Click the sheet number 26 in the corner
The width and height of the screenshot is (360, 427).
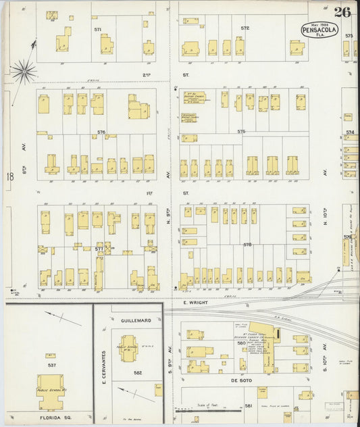click(341, 11)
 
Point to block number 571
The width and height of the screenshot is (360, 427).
click(98, 30)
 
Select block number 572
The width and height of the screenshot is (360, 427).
click(245, 28)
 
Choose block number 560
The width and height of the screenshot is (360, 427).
click(240, 343)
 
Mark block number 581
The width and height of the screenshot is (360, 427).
click(248, 405)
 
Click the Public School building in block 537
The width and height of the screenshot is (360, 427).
click(50, 391)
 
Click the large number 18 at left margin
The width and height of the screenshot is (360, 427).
click(10, 177)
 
